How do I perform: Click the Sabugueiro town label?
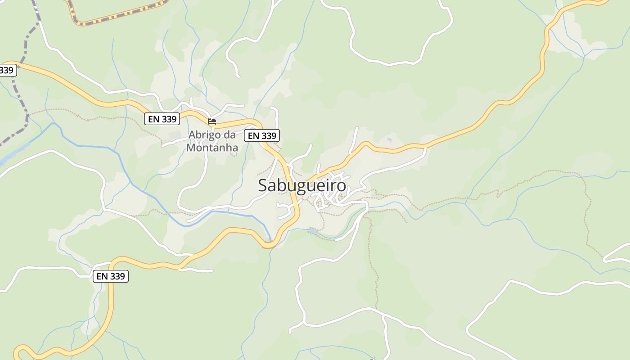pos(302,185)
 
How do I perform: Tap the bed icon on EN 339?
pos(212,121)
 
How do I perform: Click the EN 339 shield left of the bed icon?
pos(162,119)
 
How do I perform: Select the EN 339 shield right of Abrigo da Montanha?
pos(262,135)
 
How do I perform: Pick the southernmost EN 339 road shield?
pos(111,276)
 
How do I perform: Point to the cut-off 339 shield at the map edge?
pos(8,70)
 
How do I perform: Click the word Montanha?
pos(212,147)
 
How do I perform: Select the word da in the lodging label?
pos(230,135)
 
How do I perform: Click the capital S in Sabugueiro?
pos(263,185)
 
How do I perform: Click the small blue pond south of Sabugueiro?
pos(312,231)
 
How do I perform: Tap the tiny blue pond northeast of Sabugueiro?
pos(389,140)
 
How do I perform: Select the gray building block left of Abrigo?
pos(175,135)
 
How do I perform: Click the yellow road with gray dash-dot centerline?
pos(117,18)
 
